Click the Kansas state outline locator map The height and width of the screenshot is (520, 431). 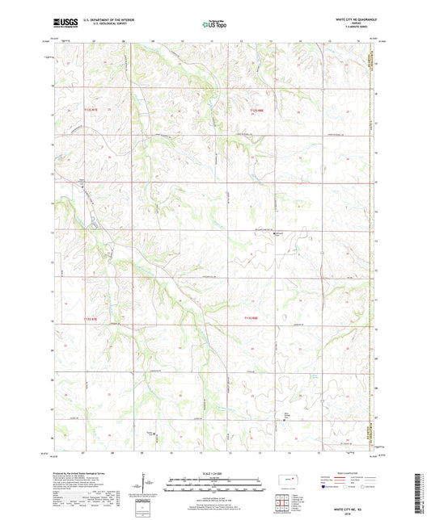(x=287, y=482)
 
